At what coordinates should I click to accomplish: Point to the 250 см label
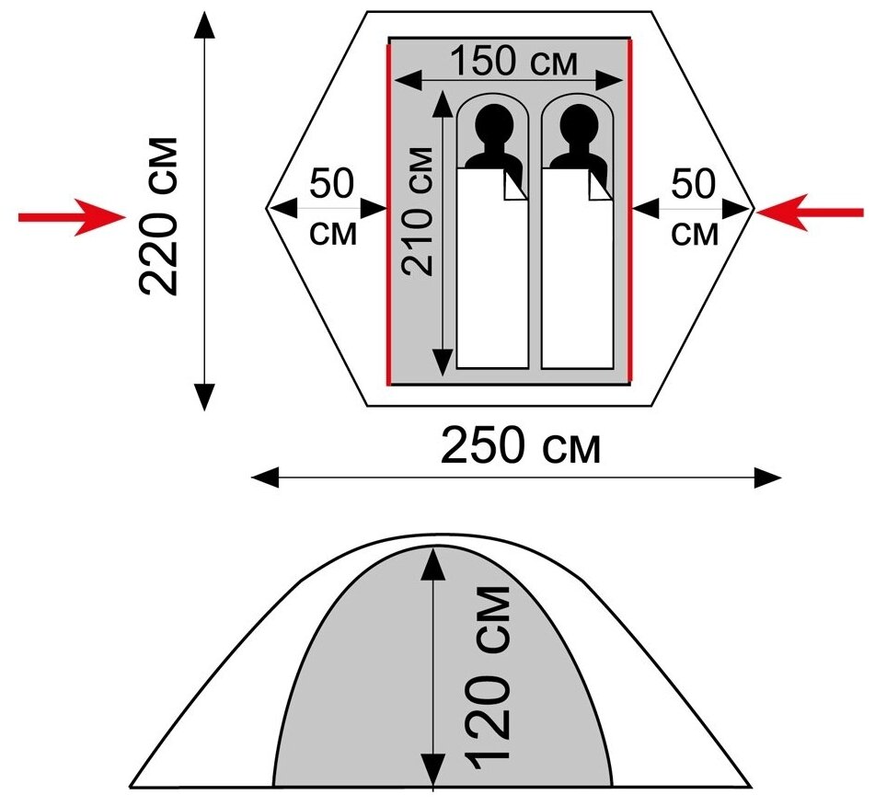click(521, 448)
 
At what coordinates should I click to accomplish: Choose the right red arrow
click(810, 212)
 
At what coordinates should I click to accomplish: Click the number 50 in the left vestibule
click(331, 185)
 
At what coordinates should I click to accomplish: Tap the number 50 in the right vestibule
click(694, 185)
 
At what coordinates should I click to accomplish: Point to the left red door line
click(389, 212)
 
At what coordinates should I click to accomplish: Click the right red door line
click(630, 212)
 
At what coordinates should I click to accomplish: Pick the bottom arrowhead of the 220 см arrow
click(204, 396)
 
